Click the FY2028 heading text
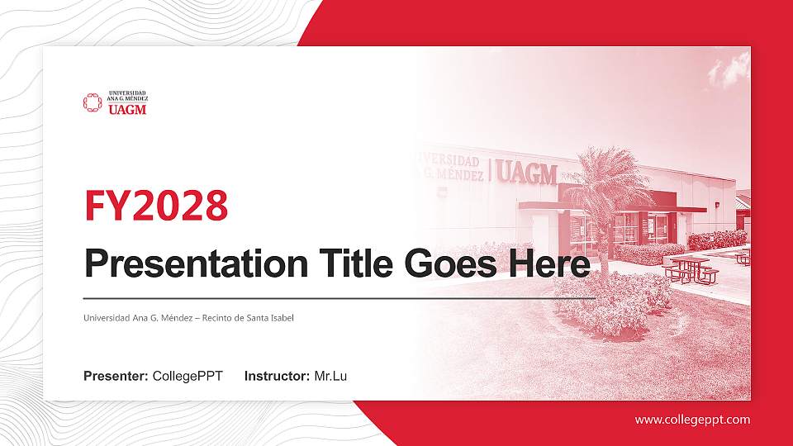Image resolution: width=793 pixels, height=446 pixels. click(x=156, y=206)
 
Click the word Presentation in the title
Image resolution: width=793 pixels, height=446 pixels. click(x=192, y=264)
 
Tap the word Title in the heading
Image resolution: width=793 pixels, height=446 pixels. click(x=353, y=264)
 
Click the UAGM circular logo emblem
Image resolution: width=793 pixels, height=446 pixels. click(x=92, y=102)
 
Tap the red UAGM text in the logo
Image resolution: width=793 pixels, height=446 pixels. click(x=127, y=108)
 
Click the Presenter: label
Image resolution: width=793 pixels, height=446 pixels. click(x=116, y=377)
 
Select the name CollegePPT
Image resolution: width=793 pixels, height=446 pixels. click(x=188, y=377)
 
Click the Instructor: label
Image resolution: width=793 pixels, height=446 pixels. click(x=278, y=377)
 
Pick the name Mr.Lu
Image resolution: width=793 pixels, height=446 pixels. click(x=330, y=377)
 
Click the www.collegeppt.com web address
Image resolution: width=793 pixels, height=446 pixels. click(x=692, y=420)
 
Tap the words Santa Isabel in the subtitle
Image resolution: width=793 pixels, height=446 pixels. click(x=270, y=318)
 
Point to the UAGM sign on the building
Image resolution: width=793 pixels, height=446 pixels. click(x=527, y=172)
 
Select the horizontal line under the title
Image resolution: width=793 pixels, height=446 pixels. click(x=339, y=297)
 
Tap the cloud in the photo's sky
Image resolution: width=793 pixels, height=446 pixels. click(x=729, y=70)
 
